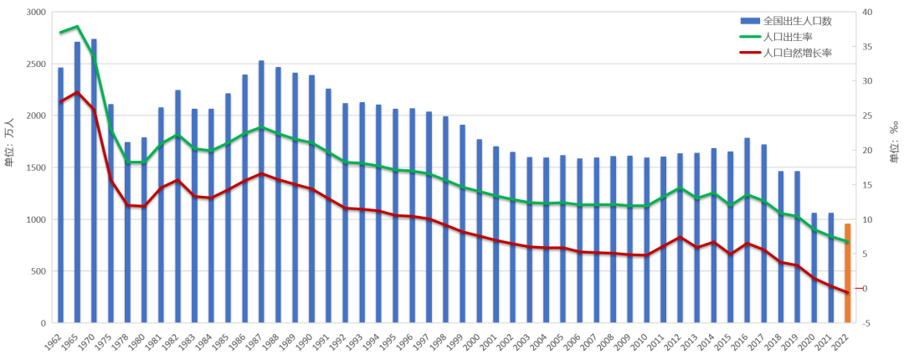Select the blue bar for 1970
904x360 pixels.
pyautogui.click(x=94, y=181)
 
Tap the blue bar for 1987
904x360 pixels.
pyautogui.click(x=261, y=192)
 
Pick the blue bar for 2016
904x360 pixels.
pyautogui.click(x=747, y=230)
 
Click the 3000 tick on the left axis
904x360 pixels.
pyautogui.click(x=35, y=12)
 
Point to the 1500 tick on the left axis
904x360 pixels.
pyautogui.click(x=35, y=167)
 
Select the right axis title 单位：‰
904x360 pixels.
pyautogui.click(x=893, y=141)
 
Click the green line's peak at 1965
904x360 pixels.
pyautogui.click(x=77, y=27)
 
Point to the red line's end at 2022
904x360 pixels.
pyautogui.click(x=847, y=293)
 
